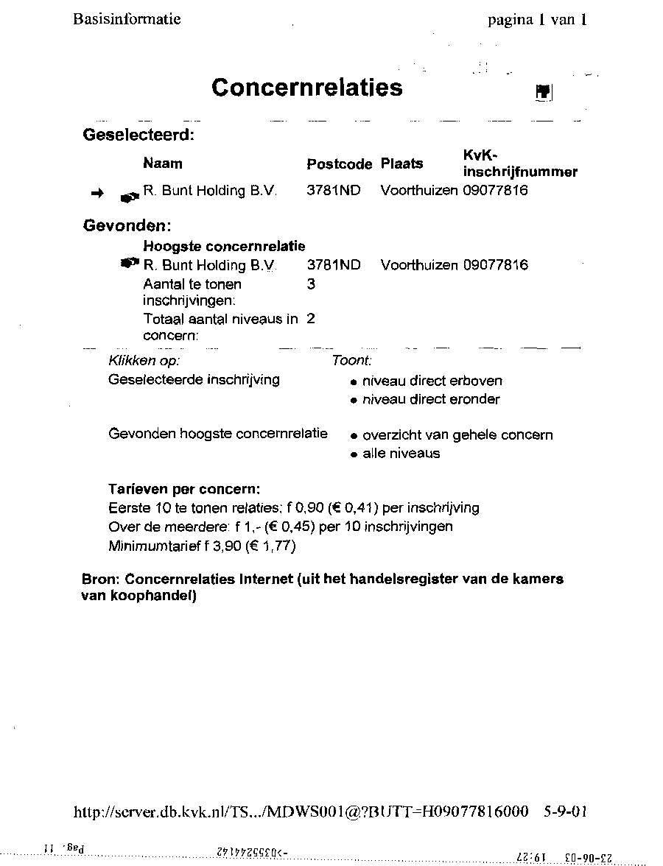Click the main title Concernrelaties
(306, 88)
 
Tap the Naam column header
(163, 163)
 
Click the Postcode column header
(340, 164)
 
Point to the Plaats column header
(401, 163)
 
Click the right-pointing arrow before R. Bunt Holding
(97, 193)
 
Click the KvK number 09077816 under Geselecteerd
(495, 191)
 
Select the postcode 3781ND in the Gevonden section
(334, 265)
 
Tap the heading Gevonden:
(127, 225)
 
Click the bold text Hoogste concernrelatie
(224, 246)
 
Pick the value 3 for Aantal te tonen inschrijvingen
(311, 284)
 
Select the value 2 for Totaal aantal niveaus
(311, 319)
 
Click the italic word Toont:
(351, 361)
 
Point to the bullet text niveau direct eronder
(431, 399)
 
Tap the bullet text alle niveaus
(401, 454)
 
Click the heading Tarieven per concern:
(184, 489)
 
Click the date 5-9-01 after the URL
(565, 812)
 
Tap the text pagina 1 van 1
(537, 20)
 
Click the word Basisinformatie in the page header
(127, 19)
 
